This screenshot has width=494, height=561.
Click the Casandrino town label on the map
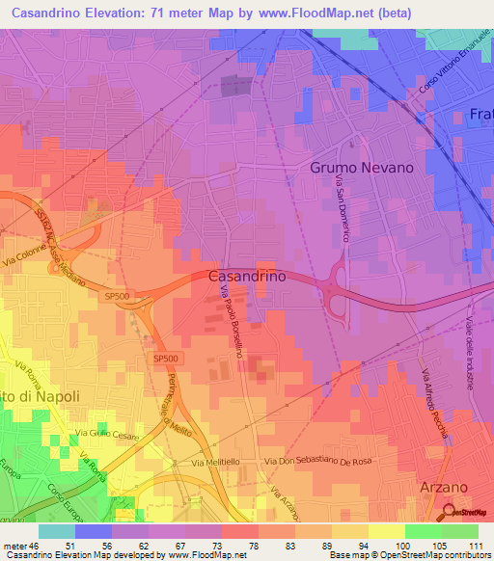(x=247, y=276)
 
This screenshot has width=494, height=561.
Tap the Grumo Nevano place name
(x=362, y=167)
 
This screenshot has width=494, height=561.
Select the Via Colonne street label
(x=35, y=259)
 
